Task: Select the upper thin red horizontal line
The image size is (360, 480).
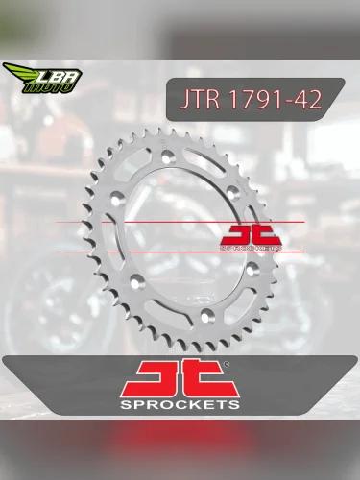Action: point(144,222)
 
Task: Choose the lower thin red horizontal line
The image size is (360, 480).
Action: point(144,252)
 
